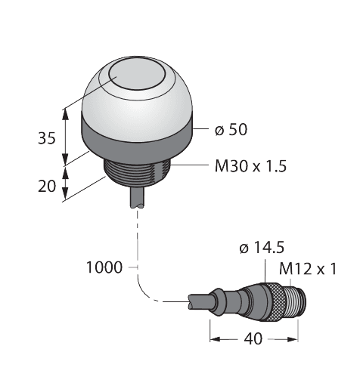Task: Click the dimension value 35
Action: click(47, 138)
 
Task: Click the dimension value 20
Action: click(47, 186)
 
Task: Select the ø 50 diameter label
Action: click(230, 131)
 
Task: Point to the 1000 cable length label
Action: click(104, 267)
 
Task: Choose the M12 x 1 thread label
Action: click(308, 269)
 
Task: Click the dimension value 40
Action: click(253, 338)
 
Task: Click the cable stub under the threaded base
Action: click(138, 199)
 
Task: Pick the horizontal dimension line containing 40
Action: click(227, 338)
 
